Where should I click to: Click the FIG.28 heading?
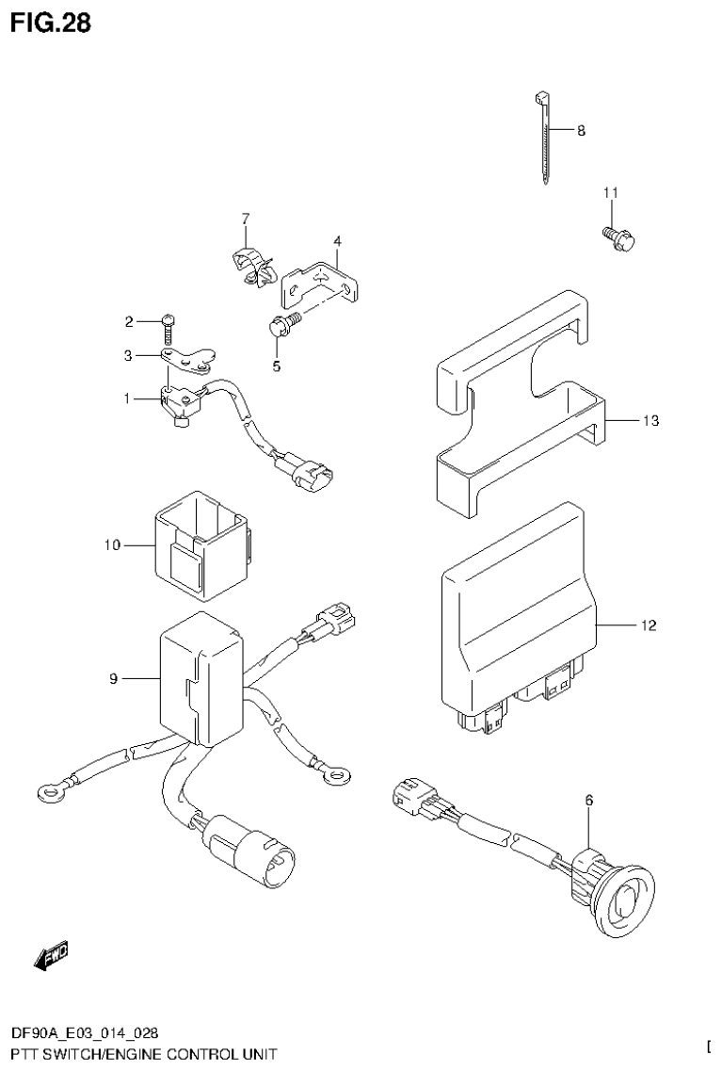point(51,23)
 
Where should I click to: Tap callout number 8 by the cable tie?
point(581,131)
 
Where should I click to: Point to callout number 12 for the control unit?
point(649,625)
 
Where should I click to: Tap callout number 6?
point(589,801)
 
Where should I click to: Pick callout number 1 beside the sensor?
point(125,398)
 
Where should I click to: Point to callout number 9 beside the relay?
point(113,678)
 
